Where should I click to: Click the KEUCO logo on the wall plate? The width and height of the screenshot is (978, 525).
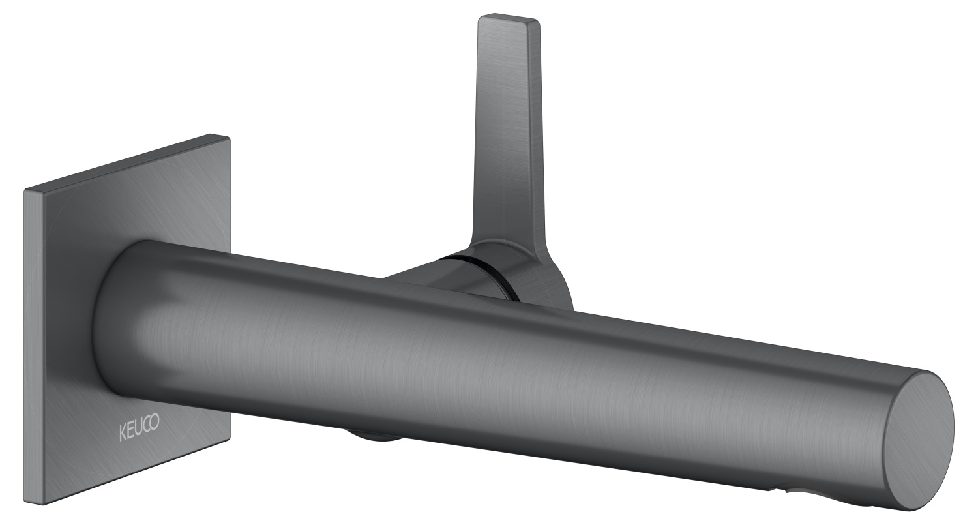[140, 423]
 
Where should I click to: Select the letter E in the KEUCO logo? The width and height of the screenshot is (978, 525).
[130, 424]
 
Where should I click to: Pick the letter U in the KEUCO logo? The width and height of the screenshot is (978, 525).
[138, 423]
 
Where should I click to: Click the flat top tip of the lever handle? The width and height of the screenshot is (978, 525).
[509, 18]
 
